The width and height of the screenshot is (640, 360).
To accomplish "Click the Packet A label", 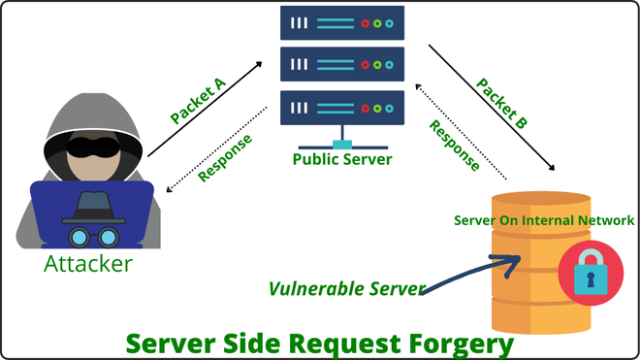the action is pos(198,101).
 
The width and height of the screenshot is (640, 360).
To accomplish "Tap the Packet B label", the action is pos(501,104).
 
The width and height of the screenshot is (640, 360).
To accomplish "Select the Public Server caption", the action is pos(342,159).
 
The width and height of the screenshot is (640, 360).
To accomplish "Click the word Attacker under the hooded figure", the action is pos(88,264).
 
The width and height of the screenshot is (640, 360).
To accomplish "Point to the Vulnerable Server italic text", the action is pos(347,288).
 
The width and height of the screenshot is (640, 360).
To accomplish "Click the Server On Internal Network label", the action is pos(544,220).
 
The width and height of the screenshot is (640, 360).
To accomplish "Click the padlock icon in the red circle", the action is pos(591,273).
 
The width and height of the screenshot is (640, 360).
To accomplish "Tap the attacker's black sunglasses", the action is pos(93,147).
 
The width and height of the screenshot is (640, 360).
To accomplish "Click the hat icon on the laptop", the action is pos(93,208).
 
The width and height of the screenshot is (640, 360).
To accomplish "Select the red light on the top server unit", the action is pos(366,23).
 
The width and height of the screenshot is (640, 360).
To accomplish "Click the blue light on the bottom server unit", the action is pos(390,109).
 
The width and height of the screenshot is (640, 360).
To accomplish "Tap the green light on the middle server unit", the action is pos(377,65).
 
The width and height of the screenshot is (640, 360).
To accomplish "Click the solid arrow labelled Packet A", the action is pos(205,109).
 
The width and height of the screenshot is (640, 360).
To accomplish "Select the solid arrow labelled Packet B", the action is pos(492,108).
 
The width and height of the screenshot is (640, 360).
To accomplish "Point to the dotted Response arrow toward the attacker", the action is pos(217,149).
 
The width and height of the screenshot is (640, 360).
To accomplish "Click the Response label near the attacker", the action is pos(225,158).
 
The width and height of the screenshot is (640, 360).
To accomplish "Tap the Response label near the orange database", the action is pos(454,146).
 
